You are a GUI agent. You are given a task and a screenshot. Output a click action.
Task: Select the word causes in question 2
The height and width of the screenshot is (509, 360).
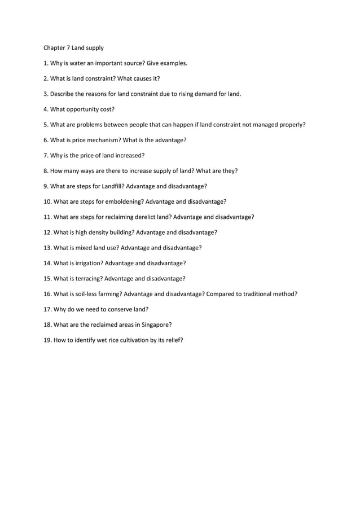click(139, 78)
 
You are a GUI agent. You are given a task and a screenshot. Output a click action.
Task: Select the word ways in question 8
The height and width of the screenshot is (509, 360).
click(88, 170)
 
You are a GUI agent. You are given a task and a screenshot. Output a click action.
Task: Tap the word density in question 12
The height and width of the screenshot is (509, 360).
click(99, 232)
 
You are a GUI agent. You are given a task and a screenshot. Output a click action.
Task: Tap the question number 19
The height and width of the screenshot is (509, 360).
click(47, 340)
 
